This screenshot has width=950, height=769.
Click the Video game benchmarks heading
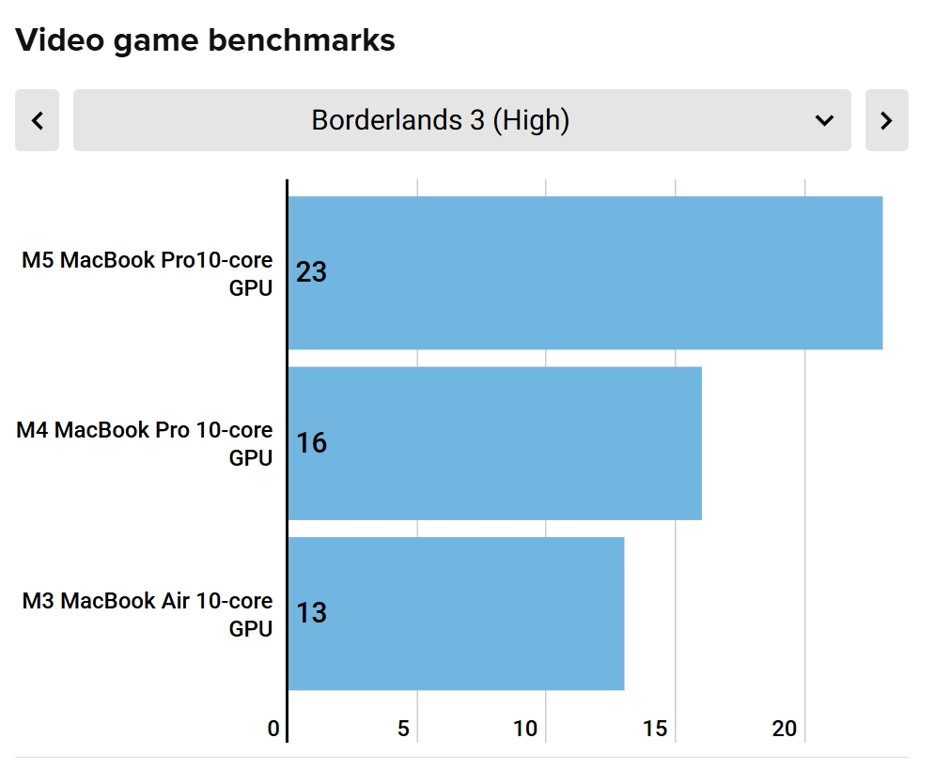click(205, 41)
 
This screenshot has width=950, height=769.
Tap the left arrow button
click(37, 120)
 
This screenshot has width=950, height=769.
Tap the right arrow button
click(886, 120)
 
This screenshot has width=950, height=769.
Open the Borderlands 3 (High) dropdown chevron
click(824, 120)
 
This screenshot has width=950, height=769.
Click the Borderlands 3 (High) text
click(441, 120)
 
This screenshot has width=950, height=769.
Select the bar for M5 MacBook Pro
click(585, 273)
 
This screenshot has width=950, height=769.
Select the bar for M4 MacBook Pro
click(495, 443)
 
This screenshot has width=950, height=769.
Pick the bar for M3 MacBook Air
click(457, 613)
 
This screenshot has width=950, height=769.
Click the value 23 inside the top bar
click(311, 272)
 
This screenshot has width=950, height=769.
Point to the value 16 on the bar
click(311, 442)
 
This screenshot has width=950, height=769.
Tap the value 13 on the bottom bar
click(311, 613)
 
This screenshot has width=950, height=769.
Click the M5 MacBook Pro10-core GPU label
click(148, 273)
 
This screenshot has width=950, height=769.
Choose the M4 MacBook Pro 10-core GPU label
click(144, 444)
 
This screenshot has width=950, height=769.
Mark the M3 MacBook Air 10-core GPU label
click(148, 615)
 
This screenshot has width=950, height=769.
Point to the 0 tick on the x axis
click(273, 729)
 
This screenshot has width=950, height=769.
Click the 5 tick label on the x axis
click(403, 729)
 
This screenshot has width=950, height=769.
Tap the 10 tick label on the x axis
click(525, 729)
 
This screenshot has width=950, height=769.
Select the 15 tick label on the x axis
click(655, 729)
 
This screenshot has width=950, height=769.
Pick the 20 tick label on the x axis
click(785, 729)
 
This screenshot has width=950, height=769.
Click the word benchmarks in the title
click(302, 40)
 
